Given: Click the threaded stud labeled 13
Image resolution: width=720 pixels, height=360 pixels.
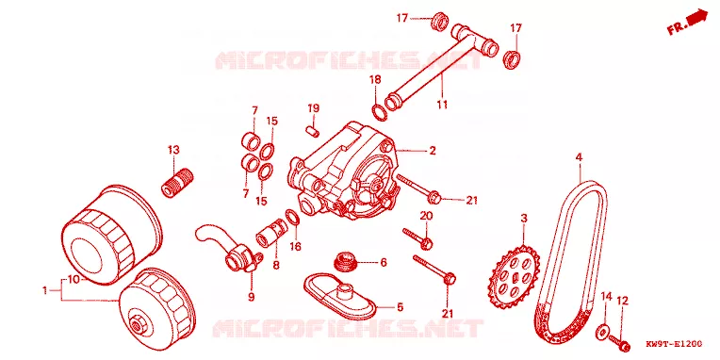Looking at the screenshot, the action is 177,183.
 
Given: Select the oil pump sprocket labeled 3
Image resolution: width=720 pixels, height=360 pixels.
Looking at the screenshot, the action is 515,277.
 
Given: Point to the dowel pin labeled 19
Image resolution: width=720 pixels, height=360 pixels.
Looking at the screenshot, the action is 312,131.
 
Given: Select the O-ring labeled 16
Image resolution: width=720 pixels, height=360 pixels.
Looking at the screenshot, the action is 293,216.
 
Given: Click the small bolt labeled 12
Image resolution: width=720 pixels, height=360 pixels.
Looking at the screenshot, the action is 619,341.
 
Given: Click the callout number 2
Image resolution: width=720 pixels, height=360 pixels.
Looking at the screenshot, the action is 432,150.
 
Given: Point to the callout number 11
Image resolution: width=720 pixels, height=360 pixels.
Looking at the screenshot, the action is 442,105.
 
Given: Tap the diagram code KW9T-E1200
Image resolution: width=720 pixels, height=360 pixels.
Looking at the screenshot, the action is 674,343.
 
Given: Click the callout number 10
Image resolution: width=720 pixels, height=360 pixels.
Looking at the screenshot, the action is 74,279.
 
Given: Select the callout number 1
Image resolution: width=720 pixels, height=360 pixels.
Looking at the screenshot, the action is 45,290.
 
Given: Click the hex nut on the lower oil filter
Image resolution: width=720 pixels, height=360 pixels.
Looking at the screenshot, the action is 137,325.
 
